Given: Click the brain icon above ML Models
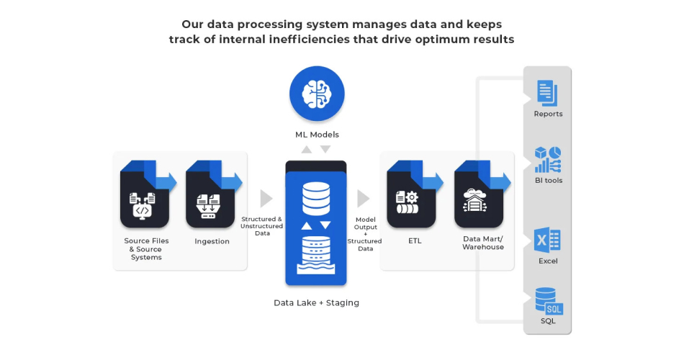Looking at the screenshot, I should (317, 94).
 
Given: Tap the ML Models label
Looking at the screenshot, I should (317, 135).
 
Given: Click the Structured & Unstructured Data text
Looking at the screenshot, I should (261, 226).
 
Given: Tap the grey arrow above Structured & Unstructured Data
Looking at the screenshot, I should (266, 199).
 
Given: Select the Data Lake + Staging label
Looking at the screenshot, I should (316, 303).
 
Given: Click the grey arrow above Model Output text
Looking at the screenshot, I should (363, 199).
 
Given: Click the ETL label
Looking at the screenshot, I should (414, 241).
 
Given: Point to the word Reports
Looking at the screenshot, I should (548, 114).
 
